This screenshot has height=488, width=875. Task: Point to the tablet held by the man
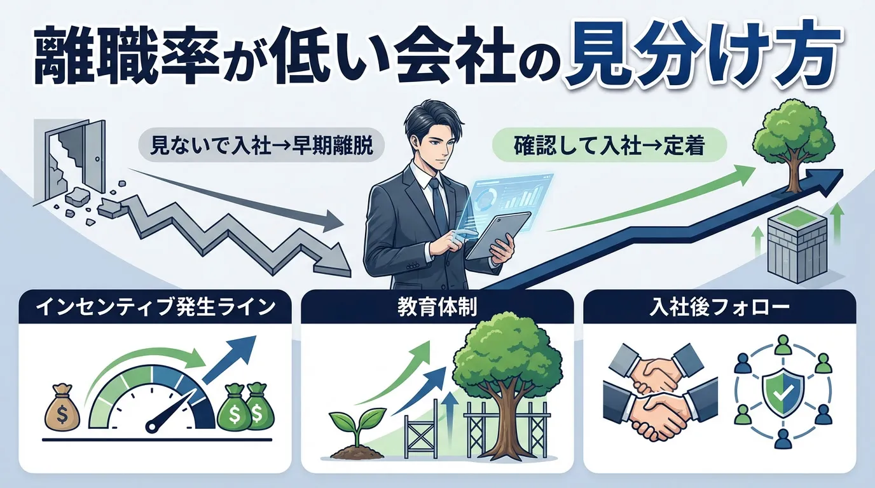pyautogui.click(x=499, y=236)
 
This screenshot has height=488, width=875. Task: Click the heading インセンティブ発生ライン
pyautogui.click(x=155, y=308)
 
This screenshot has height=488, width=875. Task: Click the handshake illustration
pyautogui.click(x=655, y=391)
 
